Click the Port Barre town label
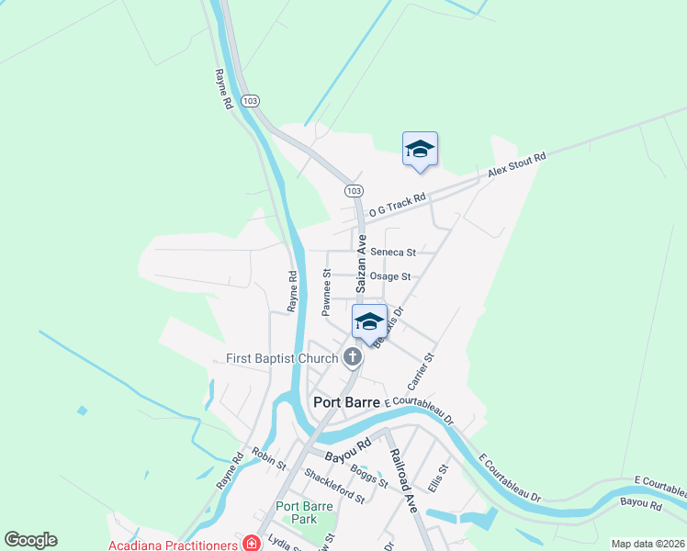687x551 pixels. pos(347,401)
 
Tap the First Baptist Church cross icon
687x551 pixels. pos(352,357)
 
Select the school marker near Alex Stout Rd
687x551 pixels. pos(420,150)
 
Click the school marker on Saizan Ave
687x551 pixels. pos(369,322)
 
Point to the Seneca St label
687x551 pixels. pos(392,252)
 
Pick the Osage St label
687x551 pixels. pos(391,276)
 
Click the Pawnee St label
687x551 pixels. pos(326,293)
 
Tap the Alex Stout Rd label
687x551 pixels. pos(516,165)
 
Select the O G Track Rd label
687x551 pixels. pos(397,205)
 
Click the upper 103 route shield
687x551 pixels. pos(250,99)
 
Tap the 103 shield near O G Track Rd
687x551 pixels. pos(353,190)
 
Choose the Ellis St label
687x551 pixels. pos(437,478)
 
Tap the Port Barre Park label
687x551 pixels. pos(301,512)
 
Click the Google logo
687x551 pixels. pos(30,540)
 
